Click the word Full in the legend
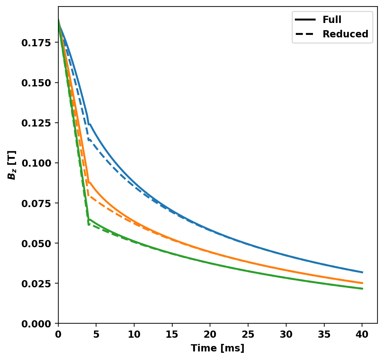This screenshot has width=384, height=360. point(331,20)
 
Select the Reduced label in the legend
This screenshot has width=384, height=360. point(345,34)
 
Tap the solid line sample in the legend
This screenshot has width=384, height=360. point(305,20)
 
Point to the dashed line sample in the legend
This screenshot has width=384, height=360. point(305,34)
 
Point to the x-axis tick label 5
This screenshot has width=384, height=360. point(96,333)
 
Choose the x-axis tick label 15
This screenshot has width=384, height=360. point(172,333)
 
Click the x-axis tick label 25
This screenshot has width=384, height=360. point(248,333)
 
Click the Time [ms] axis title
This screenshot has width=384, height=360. point(218,348)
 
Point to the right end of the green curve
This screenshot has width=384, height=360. point(362,289)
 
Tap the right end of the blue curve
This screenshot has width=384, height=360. point(362,272)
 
